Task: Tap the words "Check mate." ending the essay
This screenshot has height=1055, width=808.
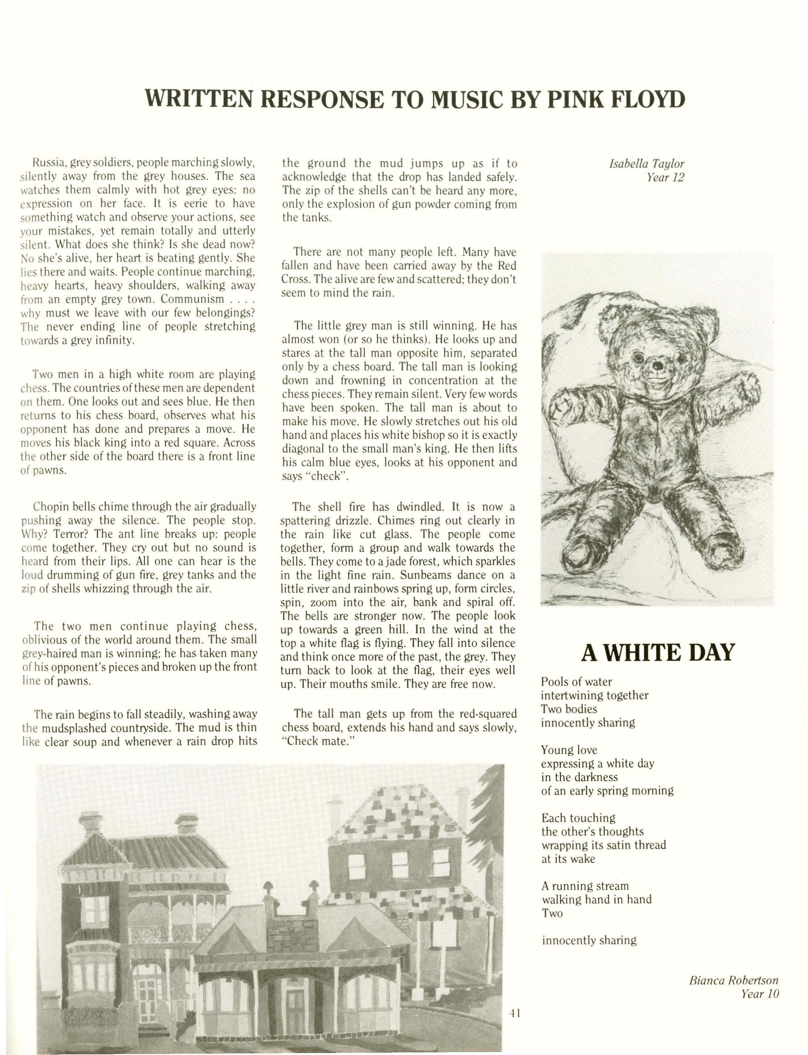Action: click(317, 741)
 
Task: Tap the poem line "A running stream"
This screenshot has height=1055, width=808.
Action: click(585, 886)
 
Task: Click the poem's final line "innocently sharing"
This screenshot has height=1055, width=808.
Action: click(589, 940)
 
